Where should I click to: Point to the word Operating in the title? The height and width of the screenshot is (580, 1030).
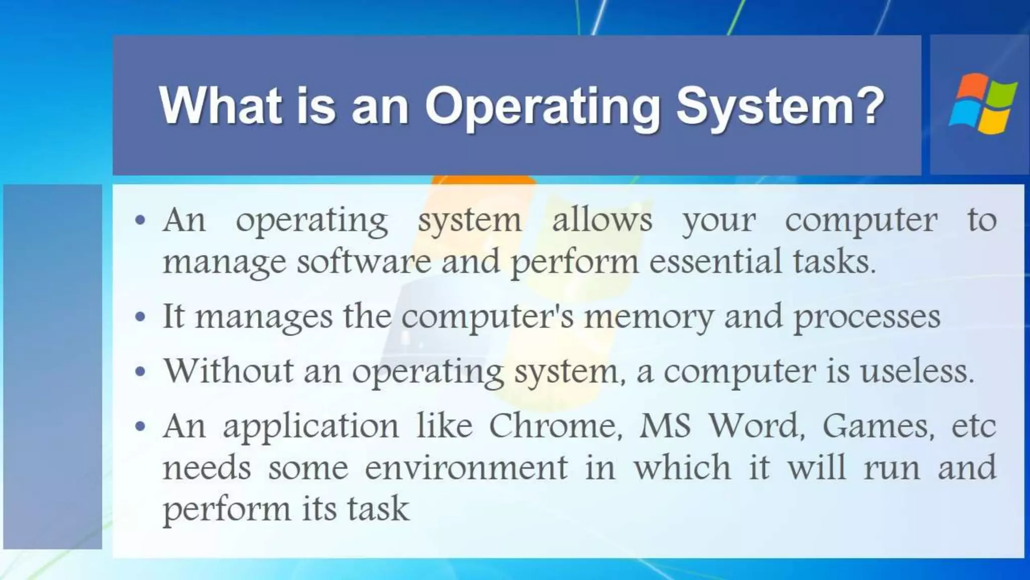pyautogui.click(x=542, y=106)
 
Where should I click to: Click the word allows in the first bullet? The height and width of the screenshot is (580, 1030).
pyautogui.click(x=602, y=220)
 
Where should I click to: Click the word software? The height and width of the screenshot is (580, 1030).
pyautogui.click(x=364, y=261)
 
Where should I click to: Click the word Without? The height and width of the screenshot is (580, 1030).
pyautogui.click(x=229, y=371)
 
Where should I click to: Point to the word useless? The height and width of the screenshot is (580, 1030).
pyautogui.click(x=916, y=371)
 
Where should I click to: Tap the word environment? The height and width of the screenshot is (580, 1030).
pyautogui.click(x=466, y=467)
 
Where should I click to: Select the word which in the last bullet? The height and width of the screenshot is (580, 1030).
pyautogui.click(x=682, y=467)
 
